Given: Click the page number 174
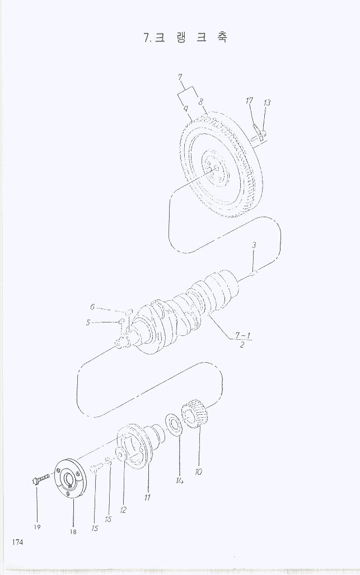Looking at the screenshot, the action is click(x=17, y=542).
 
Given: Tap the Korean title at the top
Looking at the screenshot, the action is click(x=185, y=37).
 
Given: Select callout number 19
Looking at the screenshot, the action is click(x=37, y=527).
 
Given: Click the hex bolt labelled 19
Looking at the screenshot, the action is click(x=41, y=479).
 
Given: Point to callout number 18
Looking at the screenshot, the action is click(x=73, y=532).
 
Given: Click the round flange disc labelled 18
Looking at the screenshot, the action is click(x=69, y=478).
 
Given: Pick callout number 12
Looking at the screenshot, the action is click(x=123, y=509).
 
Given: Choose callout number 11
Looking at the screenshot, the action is click(x=147, y=497).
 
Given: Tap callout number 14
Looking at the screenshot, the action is click(x=179, y=480).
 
